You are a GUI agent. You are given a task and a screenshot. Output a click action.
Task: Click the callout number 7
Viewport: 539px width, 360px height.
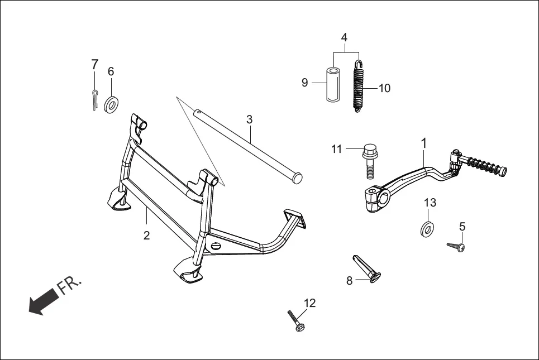(x=94, y=64)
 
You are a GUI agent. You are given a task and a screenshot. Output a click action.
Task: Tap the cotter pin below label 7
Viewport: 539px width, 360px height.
(x=95, y=100)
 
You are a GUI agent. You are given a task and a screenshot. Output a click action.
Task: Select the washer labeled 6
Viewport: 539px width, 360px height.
(x=112, y=104)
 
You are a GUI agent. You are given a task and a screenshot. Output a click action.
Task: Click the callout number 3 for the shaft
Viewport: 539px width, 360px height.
(x=249, y=119)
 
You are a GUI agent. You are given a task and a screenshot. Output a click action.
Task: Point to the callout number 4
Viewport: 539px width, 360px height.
(x=344, y=37)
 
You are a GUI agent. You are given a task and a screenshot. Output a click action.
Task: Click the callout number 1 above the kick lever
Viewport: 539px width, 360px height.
(x=423, y=143)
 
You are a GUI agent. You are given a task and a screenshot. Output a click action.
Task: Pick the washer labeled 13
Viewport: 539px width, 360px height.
(x=428, y=228)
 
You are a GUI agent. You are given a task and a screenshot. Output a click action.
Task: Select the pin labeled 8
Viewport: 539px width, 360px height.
(x=366, y=268)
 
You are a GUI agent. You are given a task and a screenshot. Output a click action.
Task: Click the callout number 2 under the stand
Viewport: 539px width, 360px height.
(x=146, y=236)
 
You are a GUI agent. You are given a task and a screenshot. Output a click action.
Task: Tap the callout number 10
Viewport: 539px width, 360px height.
(x=384, y=88)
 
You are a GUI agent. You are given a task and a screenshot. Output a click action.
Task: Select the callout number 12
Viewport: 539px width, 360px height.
(x=309, y=303)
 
